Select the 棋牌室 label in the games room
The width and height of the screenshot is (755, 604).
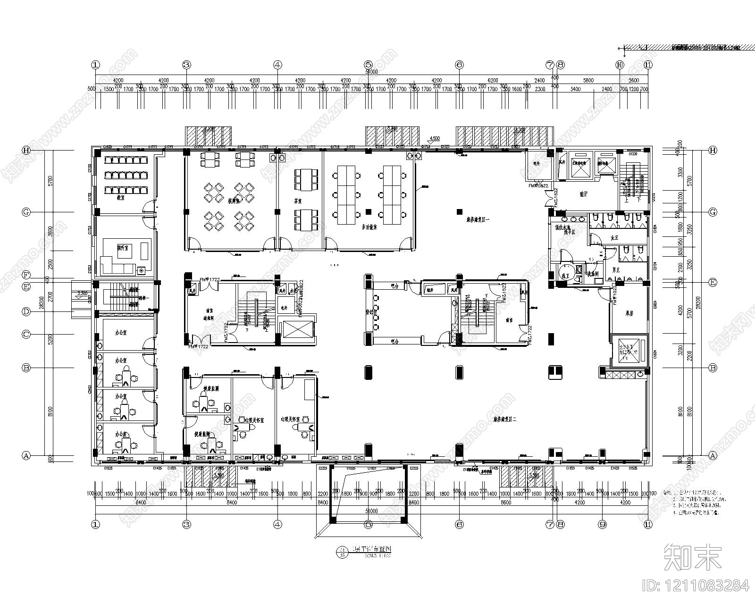[232, 200]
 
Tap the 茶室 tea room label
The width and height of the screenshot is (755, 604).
[298, 200]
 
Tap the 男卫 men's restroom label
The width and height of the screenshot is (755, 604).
[614, 270]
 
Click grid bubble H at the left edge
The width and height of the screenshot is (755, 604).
[26, 150]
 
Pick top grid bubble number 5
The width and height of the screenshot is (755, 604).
[369, 65]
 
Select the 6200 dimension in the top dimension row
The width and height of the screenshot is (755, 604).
[493, 81]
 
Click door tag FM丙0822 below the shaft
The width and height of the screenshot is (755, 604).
[538, 186]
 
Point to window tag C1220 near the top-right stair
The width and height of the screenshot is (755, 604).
[633, 154]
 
